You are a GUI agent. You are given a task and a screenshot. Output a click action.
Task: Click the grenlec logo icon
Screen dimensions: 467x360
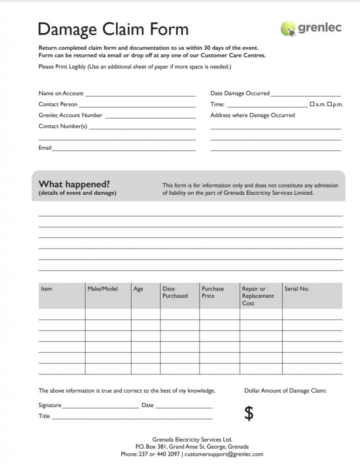(x=288, y=29)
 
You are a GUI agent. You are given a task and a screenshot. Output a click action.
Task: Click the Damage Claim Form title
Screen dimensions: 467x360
(x=113, y=29)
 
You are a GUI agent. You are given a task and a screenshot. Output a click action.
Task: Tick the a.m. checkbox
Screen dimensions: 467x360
(x=312, y=104)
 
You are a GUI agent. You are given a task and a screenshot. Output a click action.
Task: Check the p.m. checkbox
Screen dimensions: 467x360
(x=329, y=104)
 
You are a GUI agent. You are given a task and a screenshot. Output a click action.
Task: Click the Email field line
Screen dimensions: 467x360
(x=123, y=149)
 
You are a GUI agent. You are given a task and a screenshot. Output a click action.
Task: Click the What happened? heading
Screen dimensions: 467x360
(x=74, y=184)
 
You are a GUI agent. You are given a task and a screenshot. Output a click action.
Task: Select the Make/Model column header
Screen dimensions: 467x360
(x=103, y=289)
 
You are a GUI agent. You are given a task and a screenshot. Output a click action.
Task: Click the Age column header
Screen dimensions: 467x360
(x=138, y=289)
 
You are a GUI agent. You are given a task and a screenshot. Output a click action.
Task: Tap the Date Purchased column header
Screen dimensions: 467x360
(x=175, y=292)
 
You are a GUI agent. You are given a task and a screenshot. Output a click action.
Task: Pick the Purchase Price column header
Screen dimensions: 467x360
(x=213, y=292)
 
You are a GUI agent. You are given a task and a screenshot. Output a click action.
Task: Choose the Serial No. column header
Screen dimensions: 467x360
(x=297, y=289)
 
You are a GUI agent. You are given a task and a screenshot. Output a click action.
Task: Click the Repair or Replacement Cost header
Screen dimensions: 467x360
(x=258, y=296)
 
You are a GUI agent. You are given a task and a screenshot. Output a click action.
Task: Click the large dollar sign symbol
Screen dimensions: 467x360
(x=249, y=413)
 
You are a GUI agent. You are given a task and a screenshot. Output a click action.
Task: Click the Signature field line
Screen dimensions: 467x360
(x=100, y=406)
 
